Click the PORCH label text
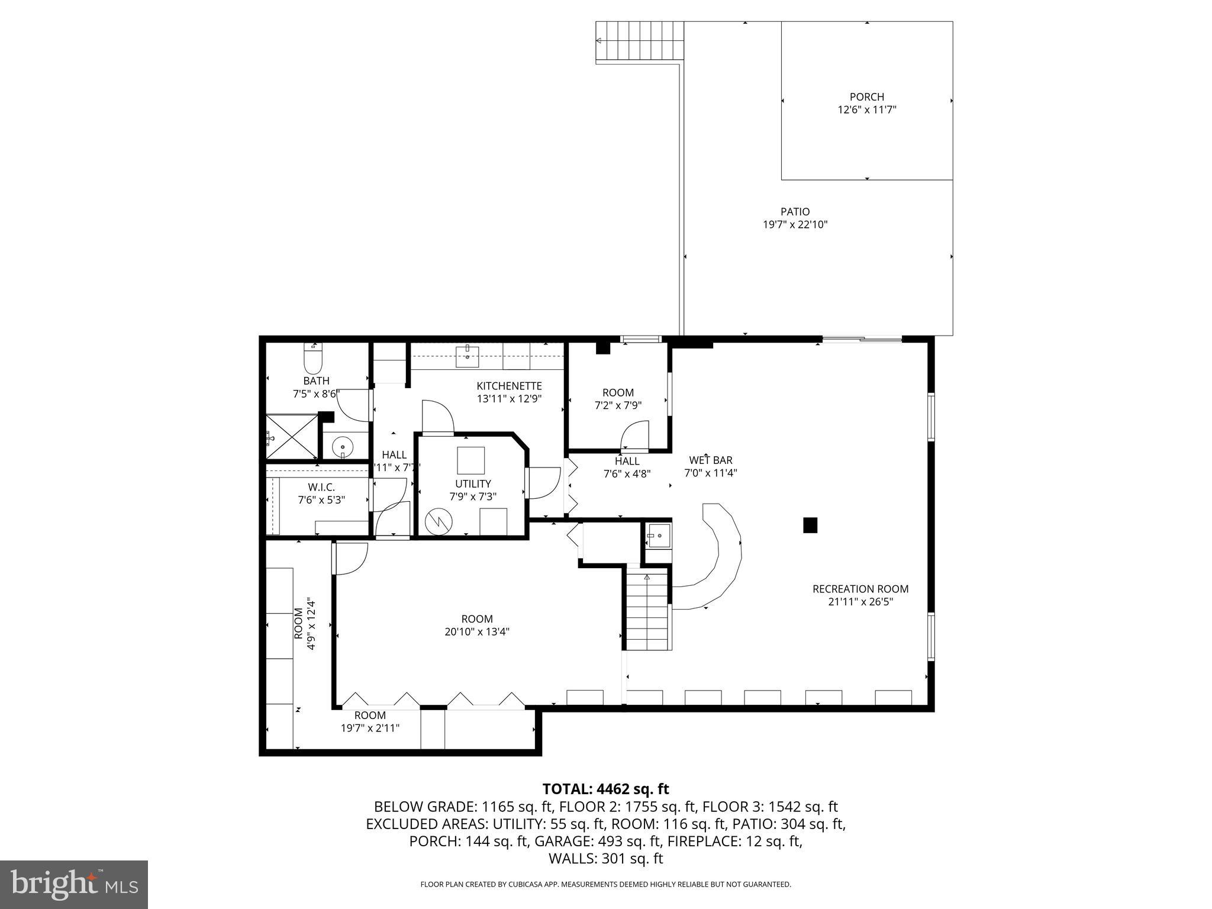(866, 97)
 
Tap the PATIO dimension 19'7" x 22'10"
(795, 225)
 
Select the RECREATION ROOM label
(860, 589)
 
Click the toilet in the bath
(312, 357)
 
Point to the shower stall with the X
(291, 437)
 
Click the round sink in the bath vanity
(343, 446)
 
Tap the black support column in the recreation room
(810, 525)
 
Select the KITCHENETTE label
(509, 386)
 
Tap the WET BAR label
(710, 460)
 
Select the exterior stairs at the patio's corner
(639, 41)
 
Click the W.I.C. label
(321, 487)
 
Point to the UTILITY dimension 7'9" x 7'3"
(473, 497)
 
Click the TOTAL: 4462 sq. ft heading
(605, 789)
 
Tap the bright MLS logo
(74, 884)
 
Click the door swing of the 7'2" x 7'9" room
(635, 436)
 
